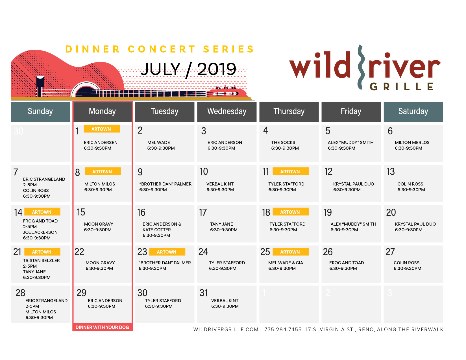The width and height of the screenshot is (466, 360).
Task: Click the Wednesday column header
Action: [x=227, y=111]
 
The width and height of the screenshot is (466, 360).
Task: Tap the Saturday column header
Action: [x=413, y=111]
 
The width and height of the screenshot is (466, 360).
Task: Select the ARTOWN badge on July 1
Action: [x=102, y=129]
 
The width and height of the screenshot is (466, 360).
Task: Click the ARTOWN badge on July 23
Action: [x=167, y=252]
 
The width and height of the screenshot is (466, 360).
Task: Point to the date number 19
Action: [x=327, y=212]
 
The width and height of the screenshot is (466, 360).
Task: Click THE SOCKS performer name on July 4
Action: [x=283, y=142]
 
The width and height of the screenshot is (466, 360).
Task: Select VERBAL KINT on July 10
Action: [x=220, y=184]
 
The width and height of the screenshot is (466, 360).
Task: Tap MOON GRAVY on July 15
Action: [x=99, y=224]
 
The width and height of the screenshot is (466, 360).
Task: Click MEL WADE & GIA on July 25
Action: [x=286, y=263]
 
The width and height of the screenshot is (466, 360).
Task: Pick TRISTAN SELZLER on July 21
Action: [x=42, y=260]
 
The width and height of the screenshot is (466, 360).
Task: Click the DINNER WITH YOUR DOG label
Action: [x=102, y=327]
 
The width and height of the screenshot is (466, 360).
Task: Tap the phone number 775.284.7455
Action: [x=283, y=329]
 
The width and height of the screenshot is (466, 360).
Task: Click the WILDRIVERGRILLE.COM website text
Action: [x=226, y=329]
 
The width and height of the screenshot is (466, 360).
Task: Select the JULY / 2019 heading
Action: [x=188, y=69]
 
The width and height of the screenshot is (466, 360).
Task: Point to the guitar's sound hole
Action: [x=86, y=90]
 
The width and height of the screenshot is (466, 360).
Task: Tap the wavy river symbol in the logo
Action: [x=361, y=67]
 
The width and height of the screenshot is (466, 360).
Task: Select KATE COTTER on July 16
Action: [x=156, y=230]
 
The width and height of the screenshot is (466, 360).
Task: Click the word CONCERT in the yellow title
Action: [x=162, y=49]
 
